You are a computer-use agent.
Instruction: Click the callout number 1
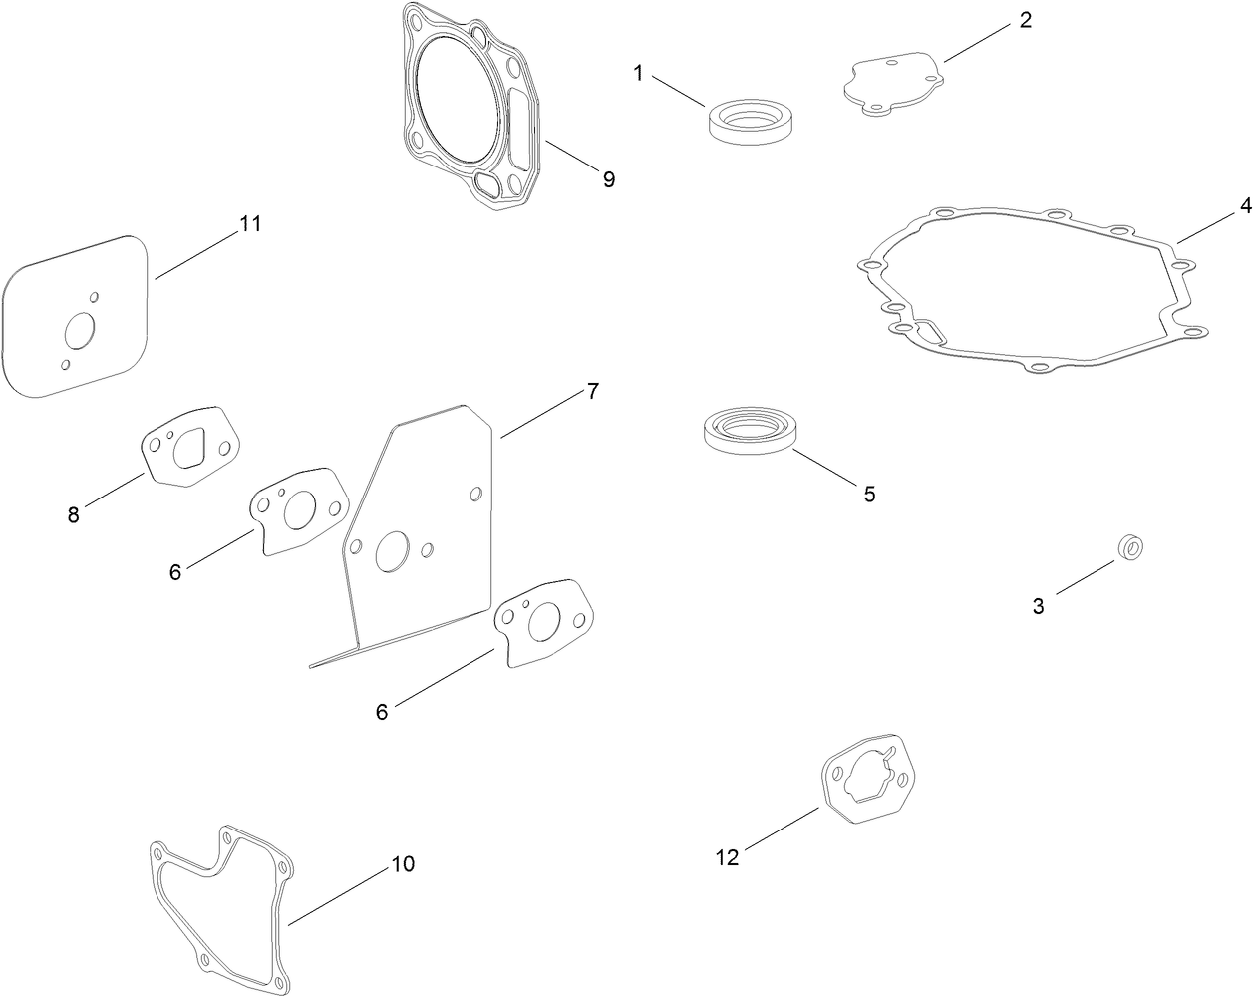(638, 73)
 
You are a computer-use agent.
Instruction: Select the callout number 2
(1026, 21)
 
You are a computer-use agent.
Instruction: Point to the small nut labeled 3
(1131, 546)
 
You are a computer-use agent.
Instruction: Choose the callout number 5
(869, 494)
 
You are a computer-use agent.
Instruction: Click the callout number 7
(592, 391)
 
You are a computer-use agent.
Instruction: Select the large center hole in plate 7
(392, 551)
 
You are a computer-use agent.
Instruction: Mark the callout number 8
(74, 515)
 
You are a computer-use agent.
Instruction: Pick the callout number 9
(608, 179)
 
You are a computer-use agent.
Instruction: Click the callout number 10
(402, 864)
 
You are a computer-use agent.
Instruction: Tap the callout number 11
(250, 223)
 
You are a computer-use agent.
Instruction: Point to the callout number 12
(728, 857)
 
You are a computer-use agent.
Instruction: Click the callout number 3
(1038, 605)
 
